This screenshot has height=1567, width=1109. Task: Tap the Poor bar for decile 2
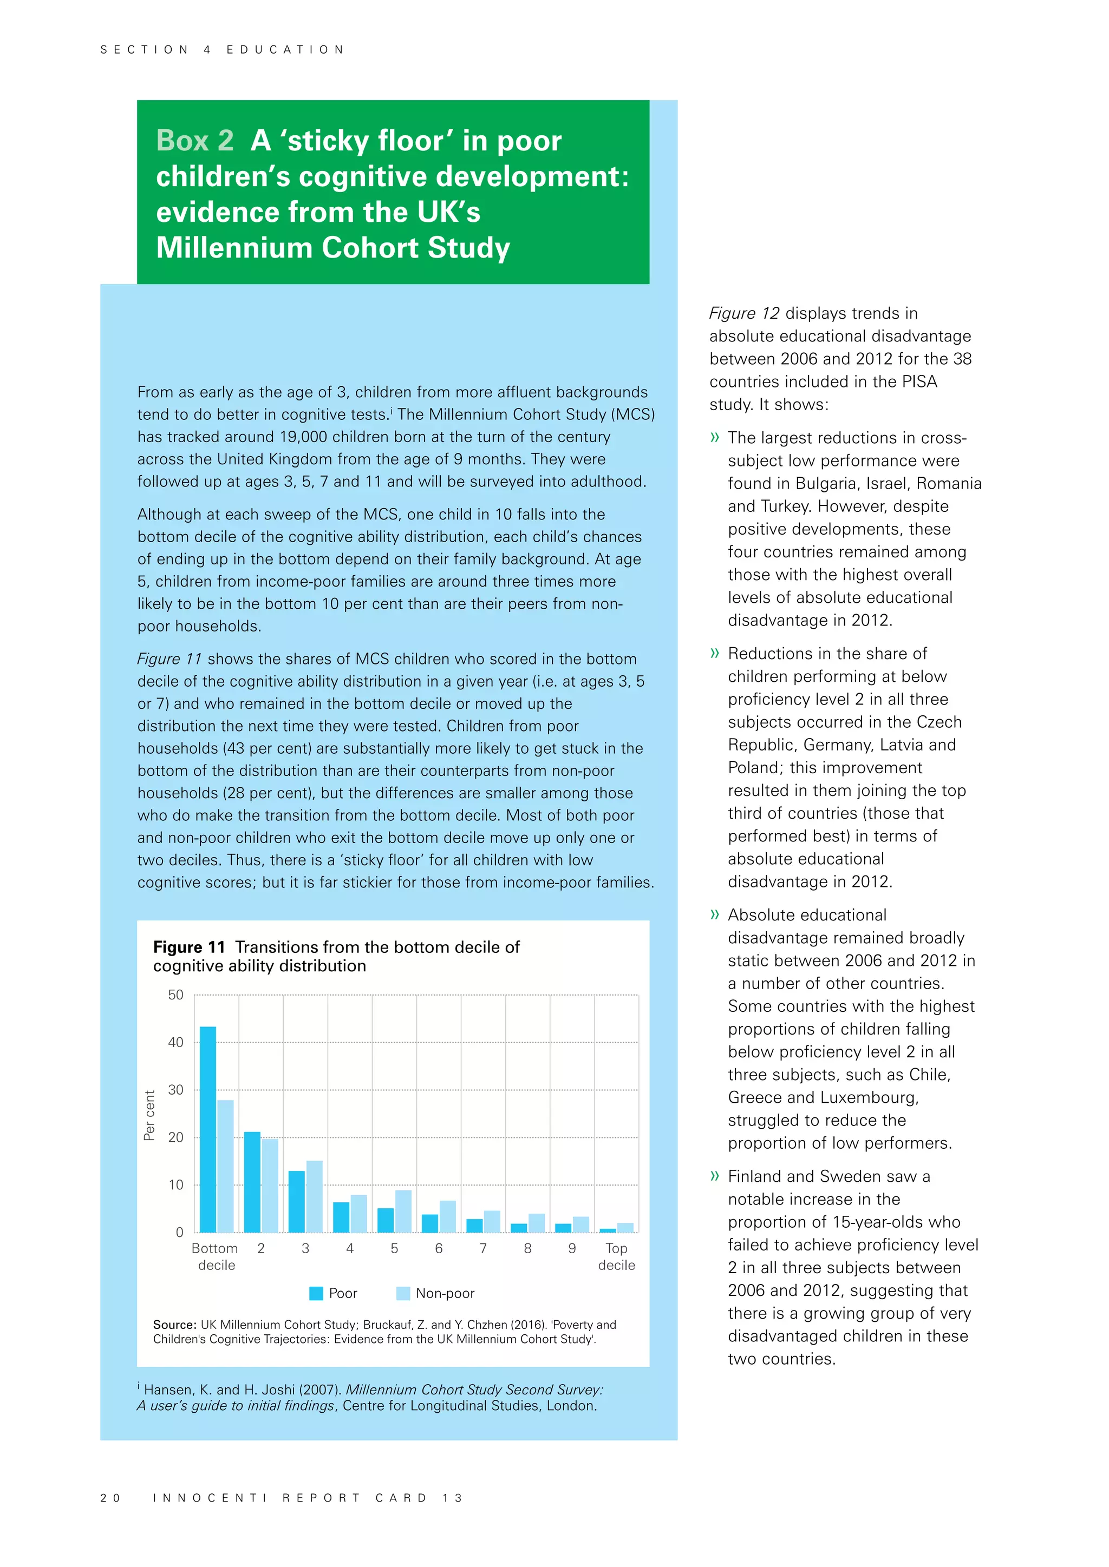point(252,1182)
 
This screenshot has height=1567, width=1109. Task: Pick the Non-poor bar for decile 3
point(314,1196)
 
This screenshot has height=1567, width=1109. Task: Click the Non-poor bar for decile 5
point(403,1212)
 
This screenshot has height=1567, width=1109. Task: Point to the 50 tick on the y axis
point(175,995)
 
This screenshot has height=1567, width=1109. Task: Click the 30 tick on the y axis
point(175,1090)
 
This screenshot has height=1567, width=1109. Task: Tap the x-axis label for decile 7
point(483,1248)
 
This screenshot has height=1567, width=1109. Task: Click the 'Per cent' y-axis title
point(149,1115)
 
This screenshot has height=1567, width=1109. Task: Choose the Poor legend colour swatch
point(316,1293)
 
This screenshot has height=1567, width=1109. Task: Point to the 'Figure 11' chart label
point(189,947)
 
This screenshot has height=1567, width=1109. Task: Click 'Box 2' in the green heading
point(194,141)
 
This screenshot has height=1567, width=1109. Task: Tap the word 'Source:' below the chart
point(175,1325)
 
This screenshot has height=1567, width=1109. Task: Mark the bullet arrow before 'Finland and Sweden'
point(715,1176)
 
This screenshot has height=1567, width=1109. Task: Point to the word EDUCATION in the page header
point(285,50)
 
